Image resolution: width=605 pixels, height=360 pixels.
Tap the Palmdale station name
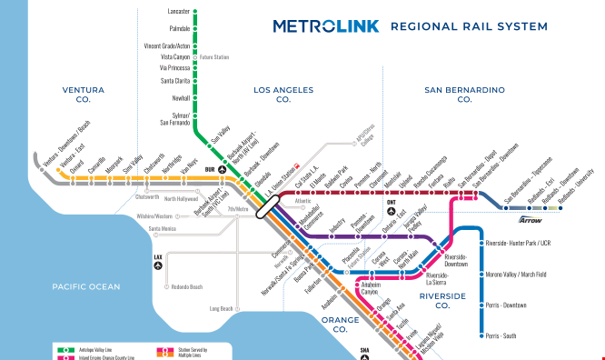(180, 28)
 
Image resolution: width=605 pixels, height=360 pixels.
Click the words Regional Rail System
(466, 25)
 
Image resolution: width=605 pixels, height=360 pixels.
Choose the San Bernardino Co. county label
(464, 95)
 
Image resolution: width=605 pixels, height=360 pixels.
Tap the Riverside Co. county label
(442, 301)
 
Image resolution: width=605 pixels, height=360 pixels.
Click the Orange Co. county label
(340, 325)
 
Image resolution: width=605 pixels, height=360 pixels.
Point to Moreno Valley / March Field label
(516, 275)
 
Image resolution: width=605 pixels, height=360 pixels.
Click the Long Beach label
(221, 309)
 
